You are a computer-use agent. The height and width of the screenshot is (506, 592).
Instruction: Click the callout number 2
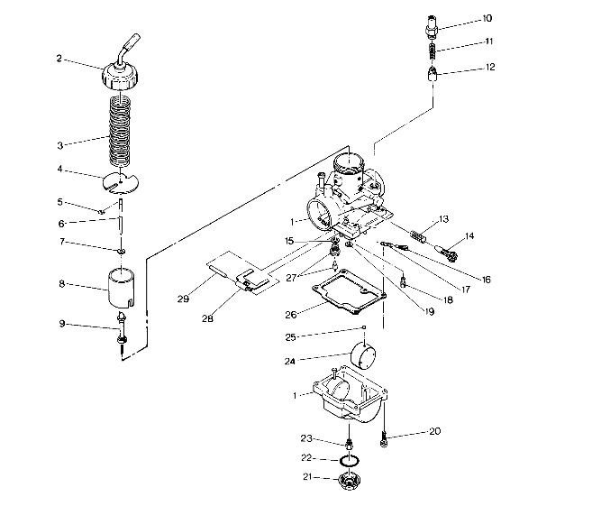point(59,60)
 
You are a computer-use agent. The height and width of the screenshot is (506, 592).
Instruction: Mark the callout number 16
point(486,280)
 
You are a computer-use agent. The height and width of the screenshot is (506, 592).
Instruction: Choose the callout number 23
point(305,438)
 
